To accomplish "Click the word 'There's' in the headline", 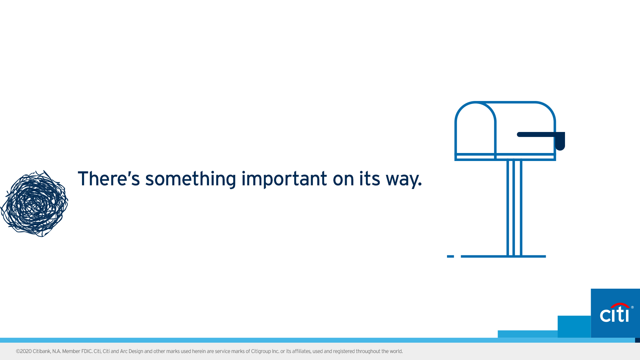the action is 109,178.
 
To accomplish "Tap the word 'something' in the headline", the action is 191,179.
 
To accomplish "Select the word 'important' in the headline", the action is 284,178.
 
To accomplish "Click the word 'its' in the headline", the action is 369,178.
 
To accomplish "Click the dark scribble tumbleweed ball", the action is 34,204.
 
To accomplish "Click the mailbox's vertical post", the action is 514,208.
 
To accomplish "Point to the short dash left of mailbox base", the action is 450,256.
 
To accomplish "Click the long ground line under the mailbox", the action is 503,256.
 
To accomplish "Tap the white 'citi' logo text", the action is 614,314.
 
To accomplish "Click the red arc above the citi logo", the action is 620,305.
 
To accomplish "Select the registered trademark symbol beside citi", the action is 632,307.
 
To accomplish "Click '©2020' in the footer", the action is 24,351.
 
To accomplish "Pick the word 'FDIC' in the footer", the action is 87,351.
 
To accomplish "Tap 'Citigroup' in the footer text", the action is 261,352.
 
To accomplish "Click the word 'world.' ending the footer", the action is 396,351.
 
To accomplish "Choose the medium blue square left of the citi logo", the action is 574,327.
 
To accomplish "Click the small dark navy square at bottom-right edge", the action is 637,340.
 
